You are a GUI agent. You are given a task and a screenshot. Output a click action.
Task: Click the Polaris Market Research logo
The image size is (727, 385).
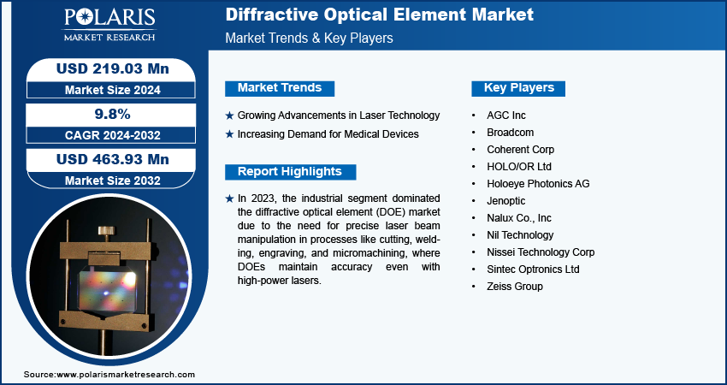pos(109,25)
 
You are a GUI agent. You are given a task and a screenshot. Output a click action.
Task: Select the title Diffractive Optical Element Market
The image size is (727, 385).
pos(379,15)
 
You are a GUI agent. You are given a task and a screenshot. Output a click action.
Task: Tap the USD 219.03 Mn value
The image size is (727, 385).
pos(113,69)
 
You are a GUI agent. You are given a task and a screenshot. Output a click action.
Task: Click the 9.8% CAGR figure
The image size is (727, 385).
pos(112,114)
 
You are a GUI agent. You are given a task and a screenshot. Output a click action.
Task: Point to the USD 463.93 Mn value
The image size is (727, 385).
pos(113,160)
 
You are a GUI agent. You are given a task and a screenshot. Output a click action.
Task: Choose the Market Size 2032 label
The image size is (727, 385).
pos(113,181)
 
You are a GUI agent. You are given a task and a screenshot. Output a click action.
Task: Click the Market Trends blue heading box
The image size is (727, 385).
pos(280,87)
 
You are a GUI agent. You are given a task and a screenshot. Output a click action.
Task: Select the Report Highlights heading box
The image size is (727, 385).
pos(290,172)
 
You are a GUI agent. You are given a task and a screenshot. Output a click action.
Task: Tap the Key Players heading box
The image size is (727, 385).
pos(518,88)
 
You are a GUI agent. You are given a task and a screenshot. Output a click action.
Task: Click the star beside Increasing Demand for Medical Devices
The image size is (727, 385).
pos(229,134)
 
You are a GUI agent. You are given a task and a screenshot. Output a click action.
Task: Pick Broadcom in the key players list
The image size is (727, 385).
pos(510,133)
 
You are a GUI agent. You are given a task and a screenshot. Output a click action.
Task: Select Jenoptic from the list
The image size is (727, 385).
pos(505,201)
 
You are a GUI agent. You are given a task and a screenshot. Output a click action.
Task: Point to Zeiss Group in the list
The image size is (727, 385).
pos(515,287)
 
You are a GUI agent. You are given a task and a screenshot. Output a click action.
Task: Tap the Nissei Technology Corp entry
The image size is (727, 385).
pos(541,252)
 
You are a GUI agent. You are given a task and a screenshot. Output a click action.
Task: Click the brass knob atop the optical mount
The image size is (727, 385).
pos(108,230)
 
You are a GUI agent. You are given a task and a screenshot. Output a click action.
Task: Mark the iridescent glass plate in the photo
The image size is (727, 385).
pos(107,291)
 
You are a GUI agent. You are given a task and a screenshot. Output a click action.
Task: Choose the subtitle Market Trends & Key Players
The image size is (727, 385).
pos(309,38)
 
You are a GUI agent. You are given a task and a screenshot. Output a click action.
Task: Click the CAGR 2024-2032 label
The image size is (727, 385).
pos(113,135)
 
